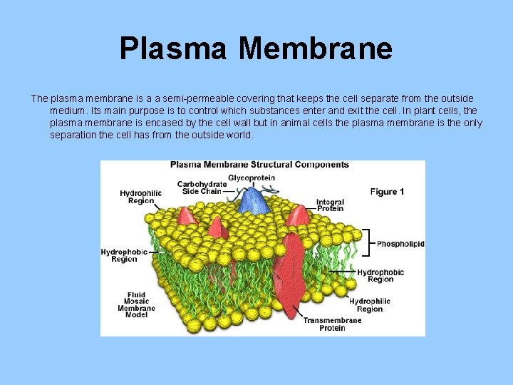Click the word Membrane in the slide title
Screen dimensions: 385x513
coord(316,48)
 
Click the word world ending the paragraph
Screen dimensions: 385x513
coord(238,135)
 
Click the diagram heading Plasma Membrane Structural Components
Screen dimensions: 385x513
coord(259,165)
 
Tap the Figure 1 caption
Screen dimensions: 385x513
coord(387,191)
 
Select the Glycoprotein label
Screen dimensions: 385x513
coord(251,178)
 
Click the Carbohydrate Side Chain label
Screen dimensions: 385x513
coord(202,188)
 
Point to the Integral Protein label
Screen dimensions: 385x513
coord(330,205)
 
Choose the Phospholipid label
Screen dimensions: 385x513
coord(400,244)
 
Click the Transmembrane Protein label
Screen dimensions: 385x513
coord(332,324)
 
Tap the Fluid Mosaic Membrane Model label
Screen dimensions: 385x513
coord(136,304)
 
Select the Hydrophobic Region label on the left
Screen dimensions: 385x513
coord(124,255)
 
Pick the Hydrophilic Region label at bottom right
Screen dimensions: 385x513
coord(370,305)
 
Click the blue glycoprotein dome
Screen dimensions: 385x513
coord(254,202)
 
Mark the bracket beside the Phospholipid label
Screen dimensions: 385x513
coord(367,242)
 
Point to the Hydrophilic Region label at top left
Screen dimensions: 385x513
coord(140,197)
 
